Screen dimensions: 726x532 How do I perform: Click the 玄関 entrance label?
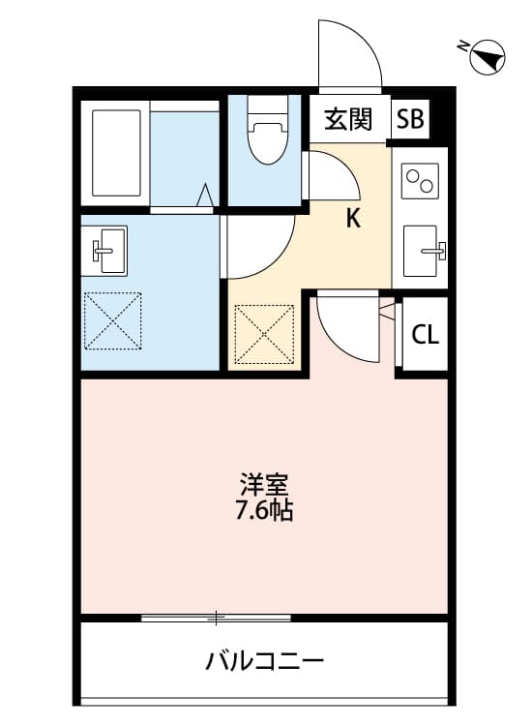pyautogui.click(x=348, y=119)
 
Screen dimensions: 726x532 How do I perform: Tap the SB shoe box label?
pyautogui.click(x=410, y=119)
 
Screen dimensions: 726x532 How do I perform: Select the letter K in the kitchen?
pyautogui.click(x=353, y=219)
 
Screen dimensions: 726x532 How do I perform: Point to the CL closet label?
pyautogui.click(x=426, y=335)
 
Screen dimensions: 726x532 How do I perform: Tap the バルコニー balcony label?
pyautogui.click(x=264, y=662)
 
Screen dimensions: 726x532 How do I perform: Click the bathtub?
pyautogui.click(x=116, y=153)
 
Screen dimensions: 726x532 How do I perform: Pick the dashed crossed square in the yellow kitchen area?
pyautogui.click(x=264, y=334)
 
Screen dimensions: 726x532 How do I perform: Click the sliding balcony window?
pyautogui.click(x=216, y=617)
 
